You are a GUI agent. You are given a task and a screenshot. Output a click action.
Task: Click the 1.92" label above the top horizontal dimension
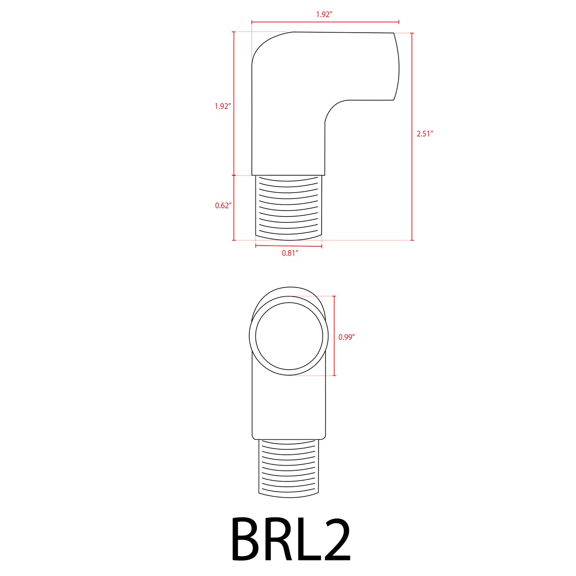pyautogui.click(x=324, y=15)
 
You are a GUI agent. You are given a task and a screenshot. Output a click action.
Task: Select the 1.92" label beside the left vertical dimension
pyautogui.click(x=222, y=106)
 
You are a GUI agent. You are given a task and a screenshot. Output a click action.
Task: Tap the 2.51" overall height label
pyautogui.click(x=425, y=134)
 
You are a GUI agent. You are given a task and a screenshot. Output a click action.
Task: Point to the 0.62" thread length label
pyautogui.click(x=223, y=206)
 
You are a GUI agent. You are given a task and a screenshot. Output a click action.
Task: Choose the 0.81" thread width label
pyautogui.click(x=290, y=253)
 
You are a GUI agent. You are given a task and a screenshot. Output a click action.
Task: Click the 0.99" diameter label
pyautogui.click(x=346, y=337)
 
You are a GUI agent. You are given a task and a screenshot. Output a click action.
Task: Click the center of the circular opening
pyautogui.click(x=289, y=336)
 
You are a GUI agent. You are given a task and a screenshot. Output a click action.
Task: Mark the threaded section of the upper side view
pyautogui.click(x=288, y=207)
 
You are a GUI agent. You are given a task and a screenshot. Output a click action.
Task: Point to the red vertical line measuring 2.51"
pyautogui.click(x=412, y=159)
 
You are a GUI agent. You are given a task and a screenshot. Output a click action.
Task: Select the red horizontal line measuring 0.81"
pyautogui.click(x=289, y=246)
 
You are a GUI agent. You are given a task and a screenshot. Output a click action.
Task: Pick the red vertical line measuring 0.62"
pyautogui.click(x=234, y=223)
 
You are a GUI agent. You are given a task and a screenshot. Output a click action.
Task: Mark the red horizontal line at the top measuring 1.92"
pyautogui.click(x=359, y=22)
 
